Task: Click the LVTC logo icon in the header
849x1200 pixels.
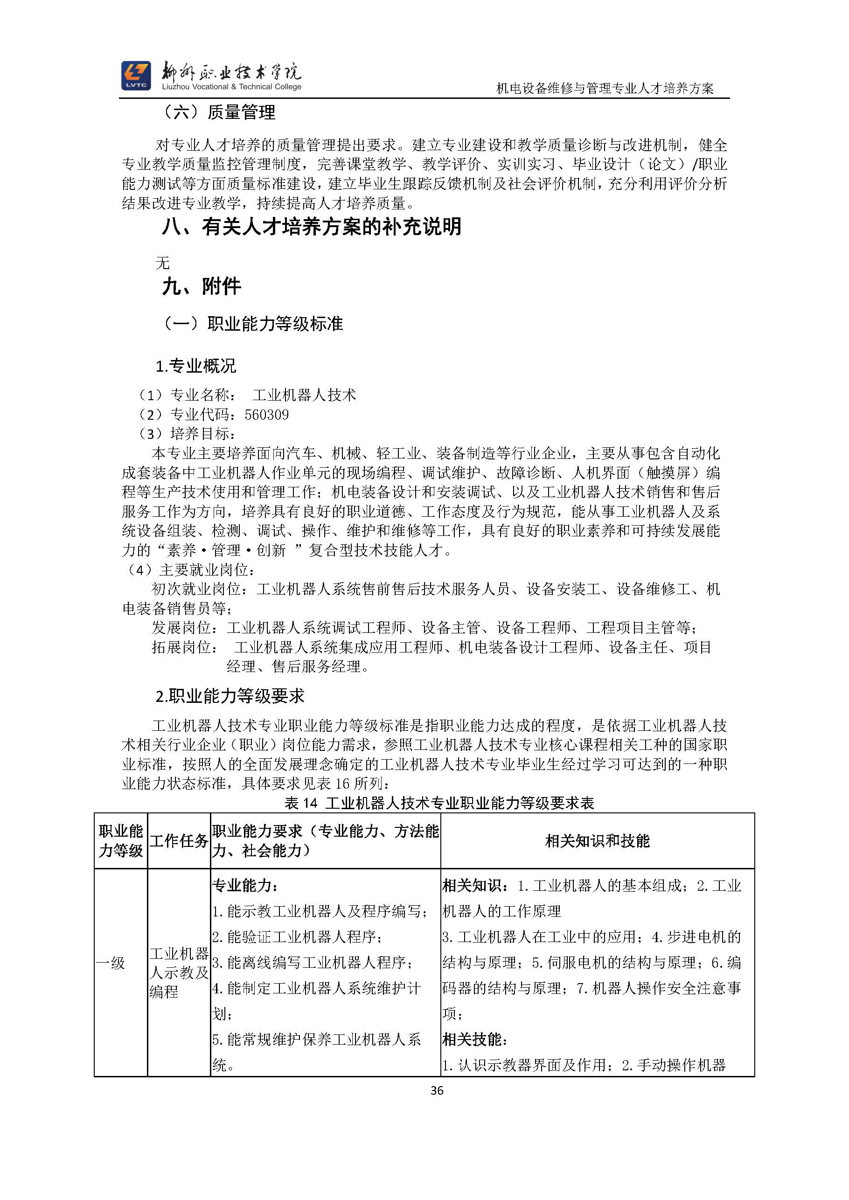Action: [x=136, y=76]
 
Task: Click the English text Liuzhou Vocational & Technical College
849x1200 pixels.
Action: [x=231, y=87]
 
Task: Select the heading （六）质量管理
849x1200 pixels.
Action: [x=218, y=112]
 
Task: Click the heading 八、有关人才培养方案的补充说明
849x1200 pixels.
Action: [x=312, y=227]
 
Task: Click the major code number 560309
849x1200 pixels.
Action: [x=267, y=415]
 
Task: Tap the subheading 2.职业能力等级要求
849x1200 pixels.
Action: [x=230, y=696]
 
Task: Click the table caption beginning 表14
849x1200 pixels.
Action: [x=439, y=803]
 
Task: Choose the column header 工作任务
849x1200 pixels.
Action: [x=179, y=841]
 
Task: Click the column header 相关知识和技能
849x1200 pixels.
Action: [x=597, y=841]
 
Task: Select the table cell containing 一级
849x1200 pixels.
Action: [x=111, y=963]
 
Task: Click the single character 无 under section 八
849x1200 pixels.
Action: [x=163, y=263]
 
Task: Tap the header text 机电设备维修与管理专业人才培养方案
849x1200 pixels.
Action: [x=605, y=89]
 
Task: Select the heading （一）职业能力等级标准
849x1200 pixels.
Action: [x=252, y=324]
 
